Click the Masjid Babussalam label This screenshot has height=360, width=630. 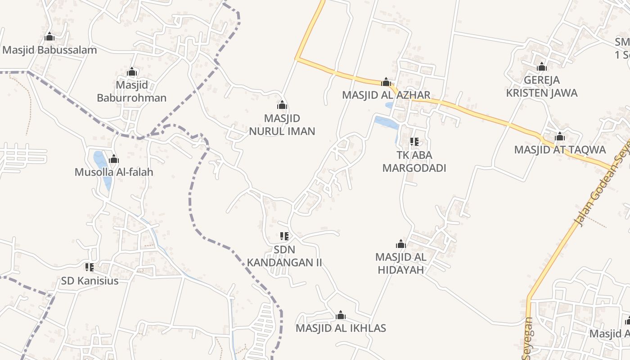pyautogui.click(x=49, y=50)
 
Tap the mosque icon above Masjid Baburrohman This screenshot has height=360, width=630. pyautogui.click(x=131, y=72)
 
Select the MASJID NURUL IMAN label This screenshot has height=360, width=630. pyautogui.click(x=282, y=125)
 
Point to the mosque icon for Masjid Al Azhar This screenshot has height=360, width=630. pyautogui.click(x=386, y=82)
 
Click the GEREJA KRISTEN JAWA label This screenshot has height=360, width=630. pyautogui.click(x=542, y=86)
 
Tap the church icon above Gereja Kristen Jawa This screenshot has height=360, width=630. pyautogui.click(x=542, y=67)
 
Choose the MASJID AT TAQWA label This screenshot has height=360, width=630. pyautogui.click(x=560, y=149)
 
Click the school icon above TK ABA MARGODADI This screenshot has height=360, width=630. pyautogui.click(x=414, y=142)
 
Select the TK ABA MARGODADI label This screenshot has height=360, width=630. pyautogui.click(x=414, y=162)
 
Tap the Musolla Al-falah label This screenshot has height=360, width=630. pyautogui.click(x=114, y=172)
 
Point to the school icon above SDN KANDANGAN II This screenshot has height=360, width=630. pyautogui.click(x=284, y=236)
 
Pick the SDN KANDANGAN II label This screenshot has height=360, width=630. pyautogui.click(x=284, y=256)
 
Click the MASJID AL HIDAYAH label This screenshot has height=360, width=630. pyautogui.click(x=401, y=263)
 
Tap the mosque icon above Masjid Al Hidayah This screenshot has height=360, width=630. pyautogui.click(x=401, y=244)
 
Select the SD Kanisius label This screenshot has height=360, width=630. pyautogui.click(x=90, y=281)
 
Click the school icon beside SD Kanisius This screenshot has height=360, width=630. pyautogui.click(x=90, y=267)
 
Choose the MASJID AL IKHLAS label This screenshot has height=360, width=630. pyautogui.click(x=341, y=328)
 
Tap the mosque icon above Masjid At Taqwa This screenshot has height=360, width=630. pyautogui.click(x=560, y=136)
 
